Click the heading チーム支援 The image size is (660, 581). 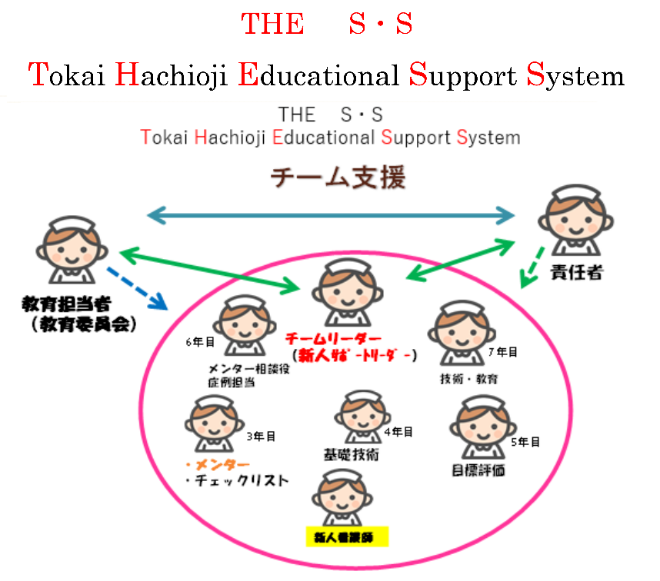337,179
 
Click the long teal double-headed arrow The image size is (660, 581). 331,214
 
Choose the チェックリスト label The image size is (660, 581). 237,482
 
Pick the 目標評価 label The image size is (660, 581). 478,470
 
